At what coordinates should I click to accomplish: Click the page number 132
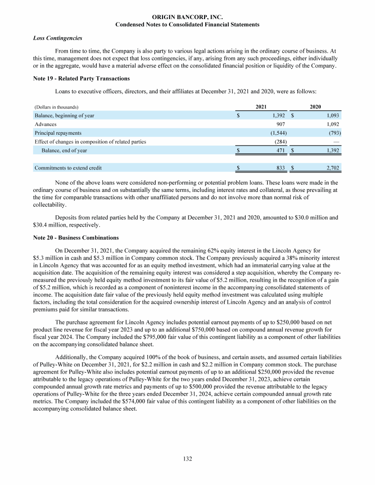coord(187,459)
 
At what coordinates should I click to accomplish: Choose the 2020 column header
coord(315,106)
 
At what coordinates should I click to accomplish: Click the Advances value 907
coord(280,124)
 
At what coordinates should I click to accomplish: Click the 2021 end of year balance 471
coord(281,150)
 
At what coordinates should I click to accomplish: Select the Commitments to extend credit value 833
coord(281,168)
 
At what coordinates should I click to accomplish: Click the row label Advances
coord(45,124)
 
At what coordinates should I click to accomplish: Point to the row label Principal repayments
coord(58,133)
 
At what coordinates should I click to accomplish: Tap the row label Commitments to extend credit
coord(68,168)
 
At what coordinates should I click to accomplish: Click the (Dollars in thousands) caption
coord(57,107)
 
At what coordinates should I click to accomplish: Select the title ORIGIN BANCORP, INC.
coord(187,17)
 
